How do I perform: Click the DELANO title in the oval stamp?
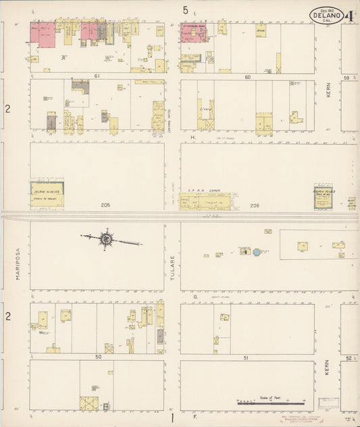click(326, 16)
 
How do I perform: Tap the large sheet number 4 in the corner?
click(351, 15)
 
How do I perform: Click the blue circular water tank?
click(256, 252)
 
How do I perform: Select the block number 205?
click(105, 205)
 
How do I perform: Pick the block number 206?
click(254, 205)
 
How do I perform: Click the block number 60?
click(247, 76)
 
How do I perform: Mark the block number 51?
click(246, 357)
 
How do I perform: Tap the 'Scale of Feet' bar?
click(270, 402)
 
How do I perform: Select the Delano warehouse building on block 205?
click(47, 193)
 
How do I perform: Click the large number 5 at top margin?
click(185, 10)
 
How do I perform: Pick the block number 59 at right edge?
click(348, 77)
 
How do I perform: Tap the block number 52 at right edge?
click(349, 357)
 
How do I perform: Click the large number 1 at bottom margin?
click(173, 417)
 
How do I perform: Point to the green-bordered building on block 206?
click(323, 199)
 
